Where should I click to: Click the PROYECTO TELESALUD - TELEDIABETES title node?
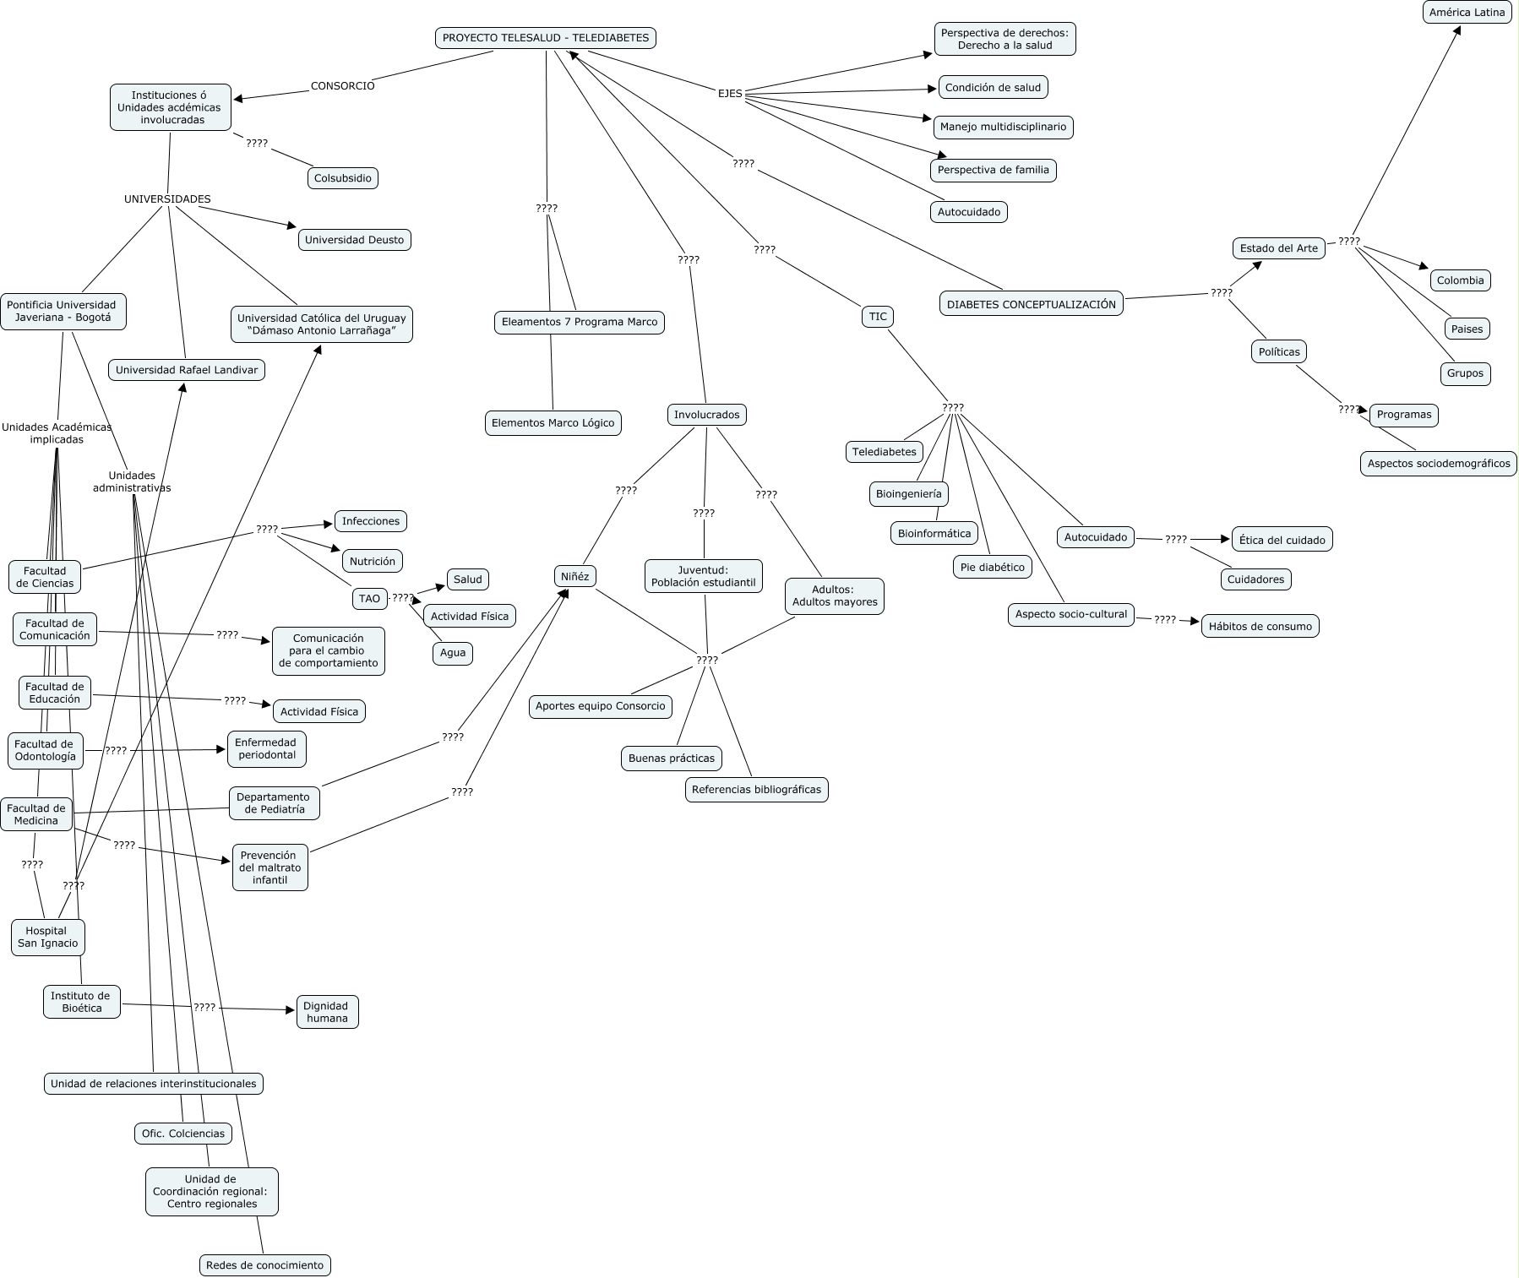546,38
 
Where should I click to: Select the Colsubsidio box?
342,178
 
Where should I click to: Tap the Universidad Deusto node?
354,240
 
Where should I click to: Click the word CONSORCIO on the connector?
342,85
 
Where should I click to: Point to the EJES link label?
730,94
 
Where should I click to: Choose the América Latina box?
1467,13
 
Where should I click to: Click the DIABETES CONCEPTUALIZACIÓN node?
1031,304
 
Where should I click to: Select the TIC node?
878,317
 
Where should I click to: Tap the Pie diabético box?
992,568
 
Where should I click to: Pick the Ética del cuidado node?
1282,540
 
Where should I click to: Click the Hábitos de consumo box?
1260,626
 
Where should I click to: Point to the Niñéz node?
574,577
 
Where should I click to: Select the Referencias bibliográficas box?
756,790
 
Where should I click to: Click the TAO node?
369,599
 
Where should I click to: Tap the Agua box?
453,653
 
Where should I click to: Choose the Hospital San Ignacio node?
48,938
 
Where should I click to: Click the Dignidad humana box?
327,1012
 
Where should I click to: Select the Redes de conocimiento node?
264,1265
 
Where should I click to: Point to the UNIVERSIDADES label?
167,199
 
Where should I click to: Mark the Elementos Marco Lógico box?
553,423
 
